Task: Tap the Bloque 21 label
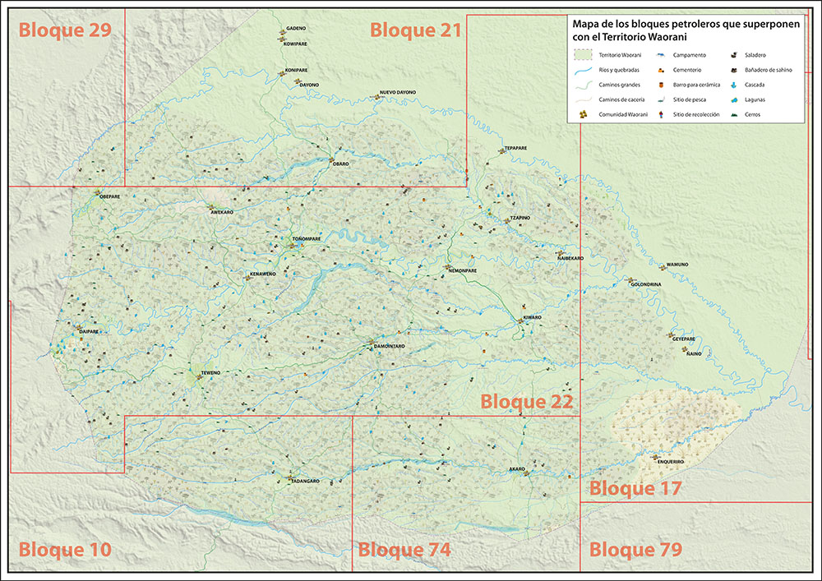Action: point(415,30)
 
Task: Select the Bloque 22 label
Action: point(525,402)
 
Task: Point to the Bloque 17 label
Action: point(635,488)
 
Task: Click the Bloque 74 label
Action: point(404,550)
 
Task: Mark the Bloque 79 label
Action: point(635,550)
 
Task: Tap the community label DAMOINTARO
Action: point(389,347)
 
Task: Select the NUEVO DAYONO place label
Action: point(398,92)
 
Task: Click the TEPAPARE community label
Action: point(515,149)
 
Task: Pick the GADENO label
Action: point(296,28)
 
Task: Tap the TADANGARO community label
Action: point(305,481)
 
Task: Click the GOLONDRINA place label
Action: point(645,284)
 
